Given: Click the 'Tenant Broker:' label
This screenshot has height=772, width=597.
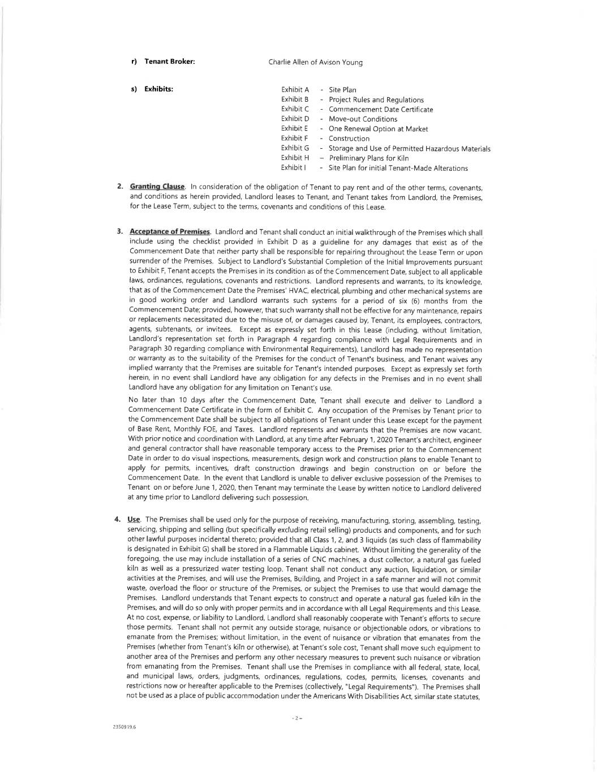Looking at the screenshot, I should (169, 62).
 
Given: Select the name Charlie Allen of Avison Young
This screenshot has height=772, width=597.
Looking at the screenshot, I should (315, 62).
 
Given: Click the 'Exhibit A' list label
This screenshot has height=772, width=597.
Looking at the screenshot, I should (295, 90).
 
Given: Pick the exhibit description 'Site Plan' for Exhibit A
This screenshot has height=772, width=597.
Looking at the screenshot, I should (342, 90).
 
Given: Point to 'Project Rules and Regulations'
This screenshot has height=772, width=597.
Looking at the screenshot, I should (376, 100).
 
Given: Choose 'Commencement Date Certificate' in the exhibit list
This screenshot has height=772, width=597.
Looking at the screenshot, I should (380, 109).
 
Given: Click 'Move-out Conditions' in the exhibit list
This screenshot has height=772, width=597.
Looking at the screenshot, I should (363, 119).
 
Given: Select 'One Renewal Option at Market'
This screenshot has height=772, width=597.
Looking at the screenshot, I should (378, 129).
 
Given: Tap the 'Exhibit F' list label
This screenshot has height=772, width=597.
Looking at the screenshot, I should (294, 139).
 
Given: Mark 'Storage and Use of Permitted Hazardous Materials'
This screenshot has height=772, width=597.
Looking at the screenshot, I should (409, 148).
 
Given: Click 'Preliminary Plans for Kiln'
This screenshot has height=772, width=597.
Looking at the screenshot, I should (368, 158).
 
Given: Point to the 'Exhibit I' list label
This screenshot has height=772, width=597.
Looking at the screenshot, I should (293, 168).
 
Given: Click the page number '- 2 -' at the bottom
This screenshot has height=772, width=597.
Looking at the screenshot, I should (298, 718).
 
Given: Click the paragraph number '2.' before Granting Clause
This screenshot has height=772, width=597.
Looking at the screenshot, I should (121, 187).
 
